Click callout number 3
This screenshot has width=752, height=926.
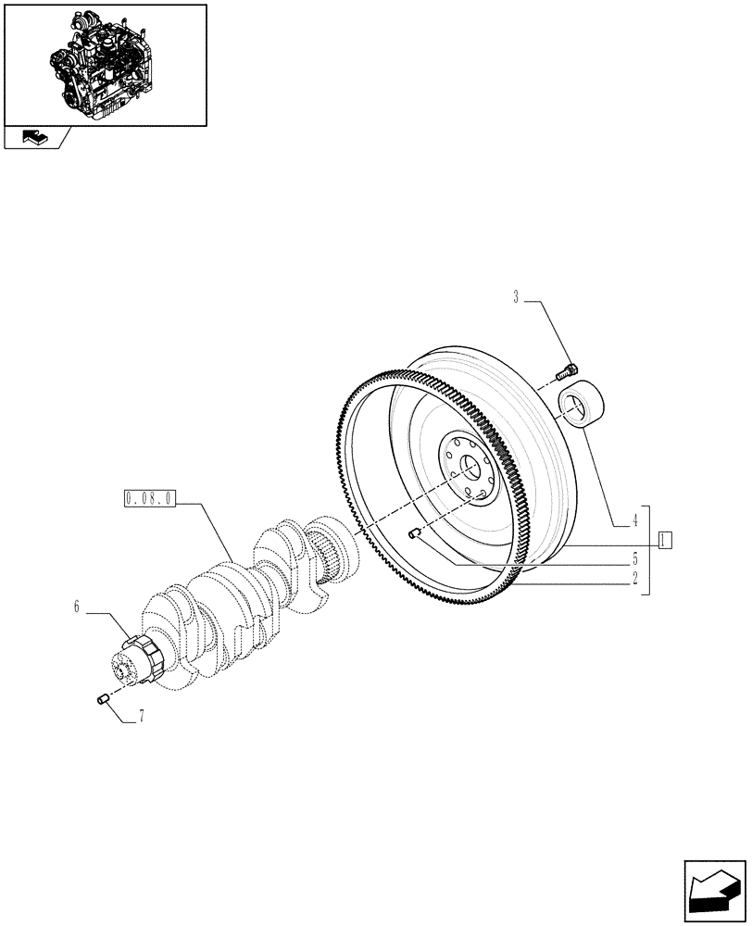[x=517, y=298]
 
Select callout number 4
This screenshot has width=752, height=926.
[x=635, y=522]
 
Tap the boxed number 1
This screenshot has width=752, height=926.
[x=665, y=540]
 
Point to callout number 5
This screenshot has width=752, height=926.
[x=635, y=558]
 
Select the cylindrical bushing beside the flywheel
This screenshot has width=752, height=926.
[x=581, y=410]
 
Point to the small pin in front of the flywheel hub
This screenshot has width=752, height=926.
[x=416, y=532]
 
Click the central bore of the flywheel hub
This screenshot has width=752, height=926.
[x=469, y=468]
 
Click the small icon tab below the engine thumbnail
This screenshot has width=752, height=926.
[x=33, y=138]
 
